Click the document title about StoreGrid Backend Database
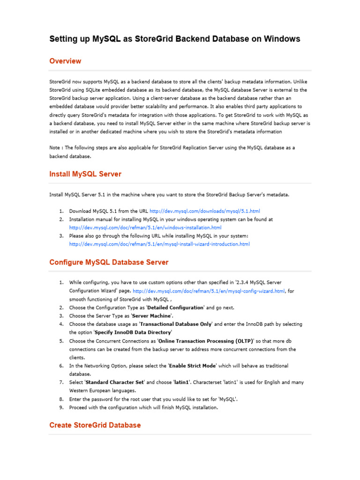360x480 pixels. pos(174,39)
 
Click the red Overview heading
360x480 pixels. pos(65,61)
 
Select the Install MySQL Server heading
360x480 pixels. pos(85,174)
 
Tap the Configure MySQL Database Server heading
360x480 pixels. pos(109,262)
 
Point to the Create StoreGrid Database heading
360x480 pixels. pos(95,425)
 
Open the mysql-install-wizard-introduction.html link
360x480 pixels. pos(159,244)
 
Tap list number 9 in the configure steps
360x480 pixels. pos(61,407)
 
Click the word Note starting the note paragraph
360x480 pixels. pos(55,148)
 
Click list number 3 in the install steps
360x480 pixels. pos(61,236)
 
